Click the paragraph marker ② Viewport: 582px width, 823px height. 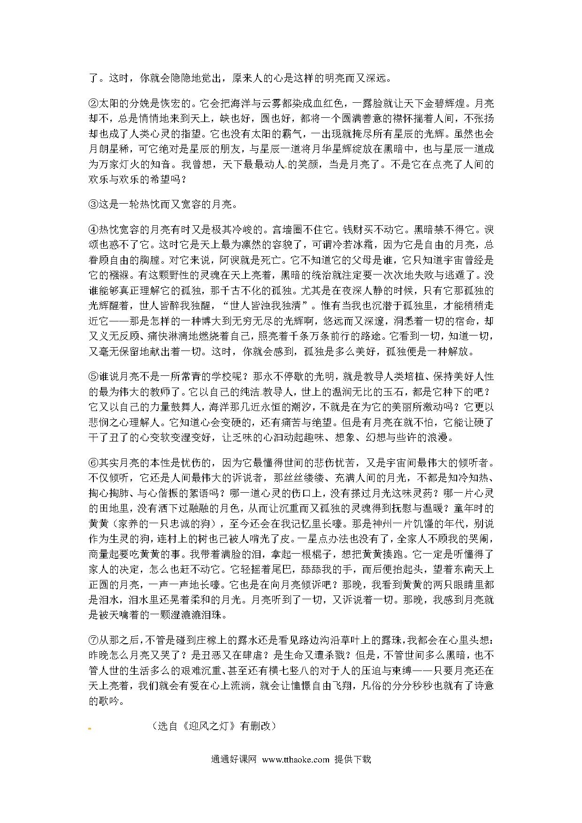pos(93,103)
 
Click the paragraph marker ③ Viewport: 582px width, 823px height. pos(93,204)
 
